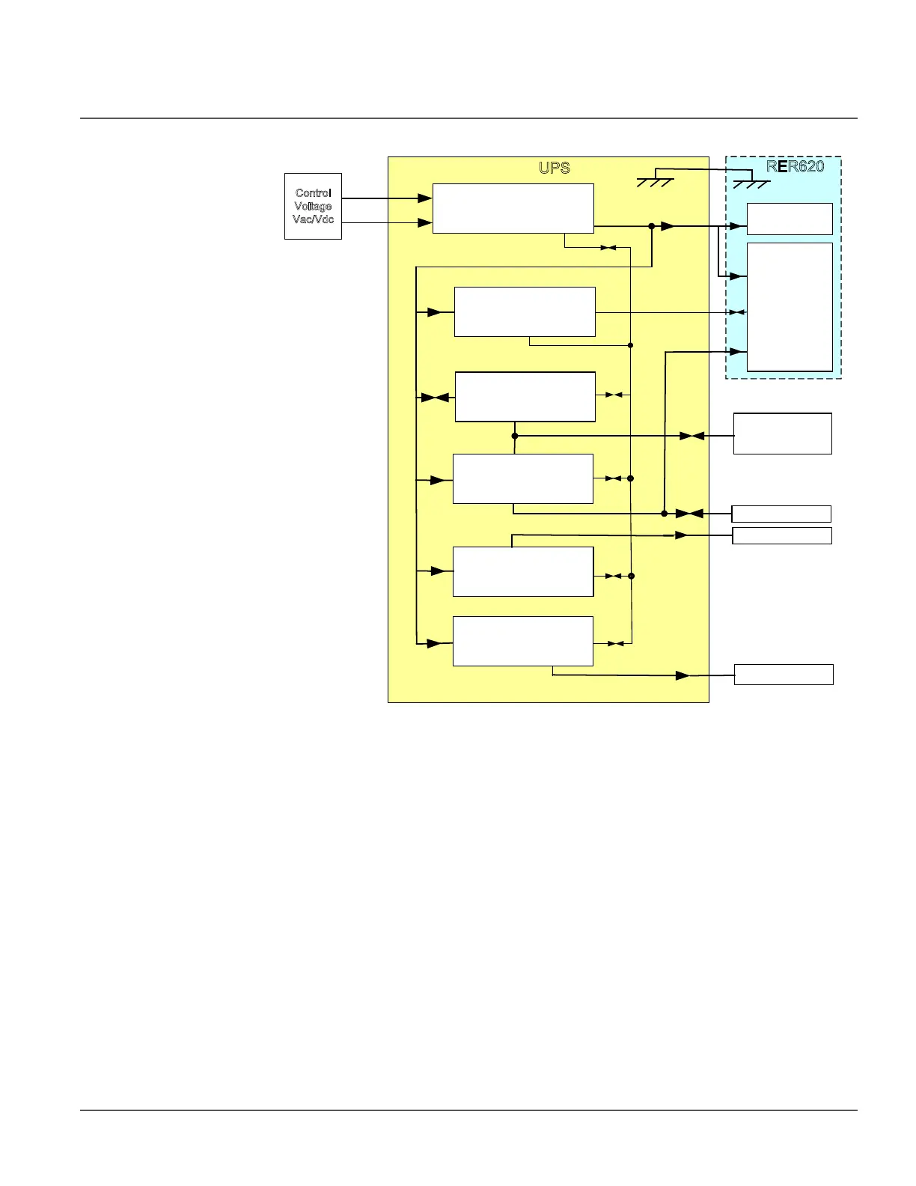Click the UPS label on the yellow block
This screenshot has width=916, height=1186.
(x=554, y=168)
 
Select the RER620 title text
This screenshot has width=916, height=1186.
(x=795, y=166)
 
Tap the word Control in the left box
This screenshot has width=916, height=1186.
(x=313, y=193)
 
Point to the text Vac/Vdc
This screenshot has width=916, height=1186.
(x=313, y=219)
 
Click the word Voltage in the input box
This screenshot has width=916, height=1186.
(x=313, y=206)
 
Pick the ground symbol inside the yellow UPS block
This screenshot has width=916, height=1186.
(x=655, y=180)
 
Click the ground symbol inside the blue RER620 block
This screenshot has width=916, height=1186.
(x=751, y=183)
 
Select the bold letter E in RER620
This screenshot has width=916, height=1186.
(x=783, y=166)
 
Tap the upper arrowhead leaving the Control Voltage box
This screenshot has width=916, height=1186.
(x=424, y=198)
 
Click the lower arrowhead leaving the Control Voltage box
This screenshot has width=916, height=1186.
(x=424, y=223)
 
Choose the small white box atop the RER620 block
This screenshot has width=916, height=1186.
(x=790, y=219)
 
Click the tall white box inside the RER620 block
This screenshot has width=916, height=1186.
(x=790, y=306)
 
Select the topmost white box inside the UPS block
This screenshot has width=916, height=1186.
(x=513, y=208)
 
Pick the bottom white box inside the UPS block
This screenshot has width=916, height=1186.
(x=522, y=641)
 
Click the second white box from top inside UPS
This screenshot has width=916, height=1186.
(x=525, y=311)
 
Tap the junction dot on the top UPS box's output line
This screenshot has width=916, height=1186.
(x=652, y=226)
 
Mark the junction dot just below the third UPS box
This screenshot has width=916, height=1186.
(x=515, y=436)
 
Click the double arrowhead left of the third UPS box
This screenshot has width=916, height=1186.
(x=434, y=398)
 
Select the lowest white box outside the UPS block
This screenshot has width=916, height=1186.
(x=783, y=675)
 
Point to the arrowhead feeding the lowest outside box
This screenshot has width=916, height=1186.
(x=683, y=675)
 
